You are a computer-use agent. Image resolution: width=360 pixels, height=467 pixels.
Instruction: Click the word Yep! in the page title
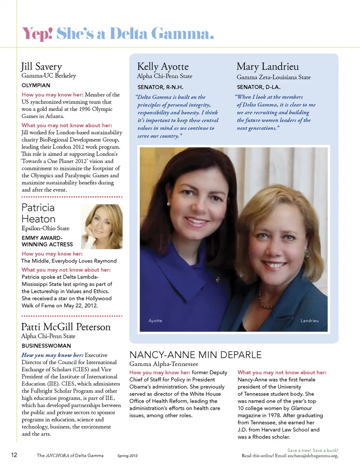(x=37, y=34)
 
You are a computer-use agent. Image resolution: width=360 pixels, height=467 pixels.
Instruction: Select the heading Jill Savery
(x=41, y=67)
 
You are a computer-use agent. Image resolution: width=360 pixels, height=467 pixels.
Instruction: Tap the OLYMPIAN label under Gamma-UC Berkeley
(x=36, y=86)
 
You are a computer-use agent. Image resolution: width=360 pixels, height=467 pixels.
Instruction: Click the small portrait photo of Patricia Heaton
(x=102, y=227)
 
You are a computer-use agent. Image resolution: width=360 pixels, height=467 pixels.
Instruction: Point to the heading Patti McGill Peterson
(x=66, y=327)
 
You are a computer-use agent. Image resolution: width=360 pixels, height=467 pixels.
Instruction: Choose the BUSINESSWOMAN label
(x=46, y=346)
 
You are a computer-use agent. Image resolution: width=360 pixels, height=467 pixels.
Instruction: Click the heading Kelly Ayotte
(x=163, y=67)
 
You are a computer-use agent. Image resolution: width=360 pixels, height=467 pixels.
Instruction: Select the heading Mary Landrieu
(x=267, y=67)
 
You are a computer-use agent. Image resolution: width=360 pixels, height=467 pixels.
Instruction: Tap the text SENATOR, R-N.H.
(x=160, y=87)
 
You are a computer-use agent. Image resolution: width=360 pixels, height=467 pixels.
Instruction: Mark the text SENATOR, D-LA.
(x=258, y=87)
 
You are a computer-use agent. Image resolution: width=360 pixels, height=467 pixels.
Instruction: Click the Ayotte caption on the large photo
(x=155, y=321)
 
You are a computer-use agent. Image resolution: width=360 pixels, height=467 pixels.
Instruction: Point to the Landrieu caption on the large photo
(x=309, y=321)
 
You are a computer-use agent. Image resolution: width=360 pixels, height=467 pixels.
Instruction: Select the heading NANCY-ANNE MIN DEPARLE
(x=195, y=355)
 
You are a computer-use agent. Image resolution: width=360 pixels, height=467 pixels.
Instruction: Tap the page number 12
(x=14, y=455)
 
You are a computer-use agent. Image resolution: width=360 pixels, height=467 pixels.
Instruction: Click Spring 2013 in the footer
(x=127, y=456)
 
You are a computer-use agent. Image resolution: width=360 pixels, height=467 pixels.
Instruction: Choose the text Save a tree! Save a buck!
(x=312, y=450)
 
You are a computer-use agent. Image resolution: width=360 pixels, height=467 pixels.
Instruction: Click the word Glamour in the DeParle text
(x=301, y=408)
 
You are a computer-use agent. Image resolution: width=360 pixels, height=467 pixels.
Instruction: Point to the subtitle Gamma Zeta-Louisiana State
(x=273, y=77)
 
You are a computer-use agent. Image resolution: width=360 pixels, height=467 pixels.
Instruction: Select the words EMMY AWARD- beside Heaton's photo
(x=42, y=238)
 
